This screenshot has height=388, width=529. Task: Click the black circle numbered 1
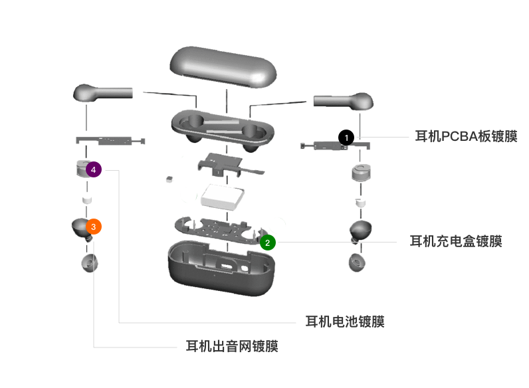(x=346, y=138)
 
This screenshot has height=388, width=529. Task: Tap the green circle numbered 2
(x=268, y=242)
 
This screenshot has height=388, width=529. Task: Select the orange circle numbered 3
(x=94, y=227)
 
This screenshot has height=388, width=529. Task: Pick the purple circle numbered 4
(x=94, y=169)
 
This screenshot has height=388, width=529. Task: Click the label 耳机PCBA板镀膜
(x=466, y=136)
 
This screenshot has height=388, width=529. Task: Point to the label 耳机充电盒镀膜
(x=456, y=241)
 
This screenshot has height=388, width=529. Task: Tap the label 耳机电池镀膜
(x=345, y=322)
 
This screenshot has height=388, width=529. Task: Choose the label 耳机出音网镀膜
(x=232, y=346)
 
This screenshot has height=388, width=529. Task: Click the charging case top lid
(x=223, y=67)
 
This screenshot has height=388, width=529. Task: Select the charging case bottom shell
(x=221, y=268)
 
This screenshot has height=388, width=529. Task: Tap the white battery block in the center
(x=223, y=197)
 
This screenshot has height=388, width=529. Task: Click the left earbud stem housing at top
(x=102, y=92)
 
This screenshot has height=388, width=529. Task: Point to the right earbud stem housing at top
(x=344, y=101)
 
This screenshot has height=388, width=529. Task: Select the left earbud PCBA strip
(x=110, y=141)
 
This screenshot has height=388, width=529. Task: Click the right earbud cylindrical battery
(x=361, y=173)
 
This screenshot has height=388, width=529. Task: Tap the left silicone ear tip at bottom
(x=90, y=263)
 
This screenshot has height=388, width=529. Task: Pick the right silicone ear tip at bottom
(x=357, y=262)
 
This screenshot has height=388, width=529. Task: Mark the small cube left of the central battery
(x=169, y=179)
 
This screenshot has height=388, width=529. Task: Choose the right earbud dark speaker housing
(x=360, y=231)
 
